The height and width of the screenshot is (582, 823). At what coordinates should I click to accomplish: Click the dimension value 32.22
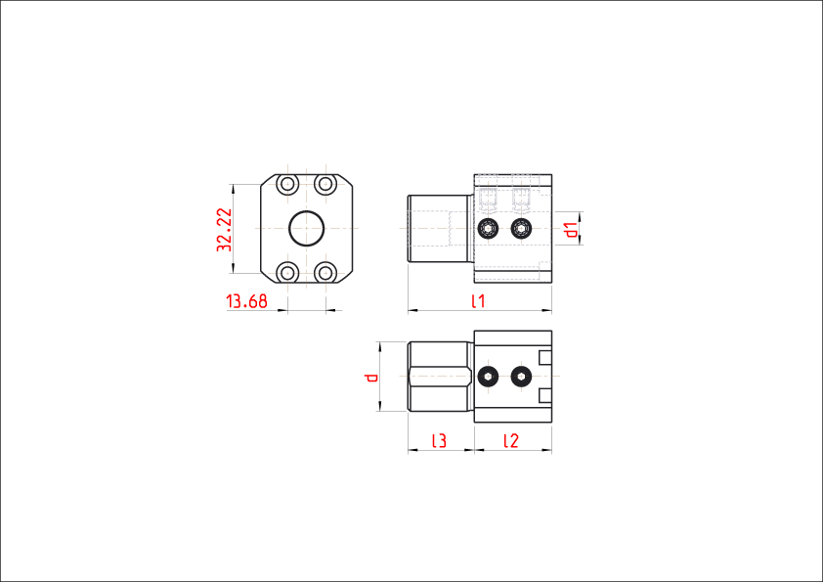[x=224, y=230]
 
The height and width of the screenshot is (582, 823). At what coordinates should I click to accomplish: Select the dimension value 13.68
[x=246, y=301]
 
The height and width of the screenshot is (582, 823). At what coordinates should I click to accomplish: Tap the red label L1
[x=478, y=301]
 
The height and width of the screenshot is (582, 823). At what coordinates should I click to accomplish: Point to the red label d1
[x=573, y=230]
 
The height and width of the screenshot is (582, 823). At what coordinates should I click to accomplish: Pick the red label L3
[x=439, y=441]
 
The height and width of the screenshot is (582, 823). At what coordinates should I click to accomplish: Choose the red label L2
[x=510, y=441]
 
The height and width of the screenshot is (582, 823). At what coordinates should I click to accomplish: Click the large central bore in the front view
[x=307, y=228]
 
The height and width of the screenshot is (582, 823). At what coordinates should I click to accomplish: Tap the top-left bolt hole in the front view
[x=287, y=184]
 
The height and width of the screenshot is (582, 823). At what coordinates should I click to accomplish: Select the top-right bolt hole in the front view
[x=325, y=184]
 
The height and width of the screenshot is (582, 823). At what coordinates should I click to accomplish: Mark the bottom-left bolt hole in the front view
[x=287, y=271]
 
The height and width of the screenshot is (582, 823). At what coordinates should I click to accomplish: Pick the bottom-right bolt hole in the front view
[x=325, y=271]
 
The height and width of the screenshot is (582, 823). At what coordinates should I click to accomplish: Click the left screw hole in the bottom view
[x=489, y=376]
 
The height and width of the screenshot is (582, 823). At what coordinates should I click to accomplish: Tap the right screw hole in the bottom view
[x=521, y=376]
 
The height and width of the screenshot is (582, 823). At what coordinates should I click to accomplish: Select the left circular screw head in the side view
[x=489, y=229]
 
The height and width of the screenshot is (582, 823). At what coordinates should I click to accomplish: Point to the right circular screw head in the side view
[x=521, y=229]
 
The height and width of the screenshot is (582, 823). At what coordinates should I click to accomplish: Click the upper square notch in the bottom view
[x=545, y=356]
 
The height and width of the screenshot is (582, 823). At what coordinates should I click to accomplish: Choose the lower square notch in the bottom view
[x=545, y=396]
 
